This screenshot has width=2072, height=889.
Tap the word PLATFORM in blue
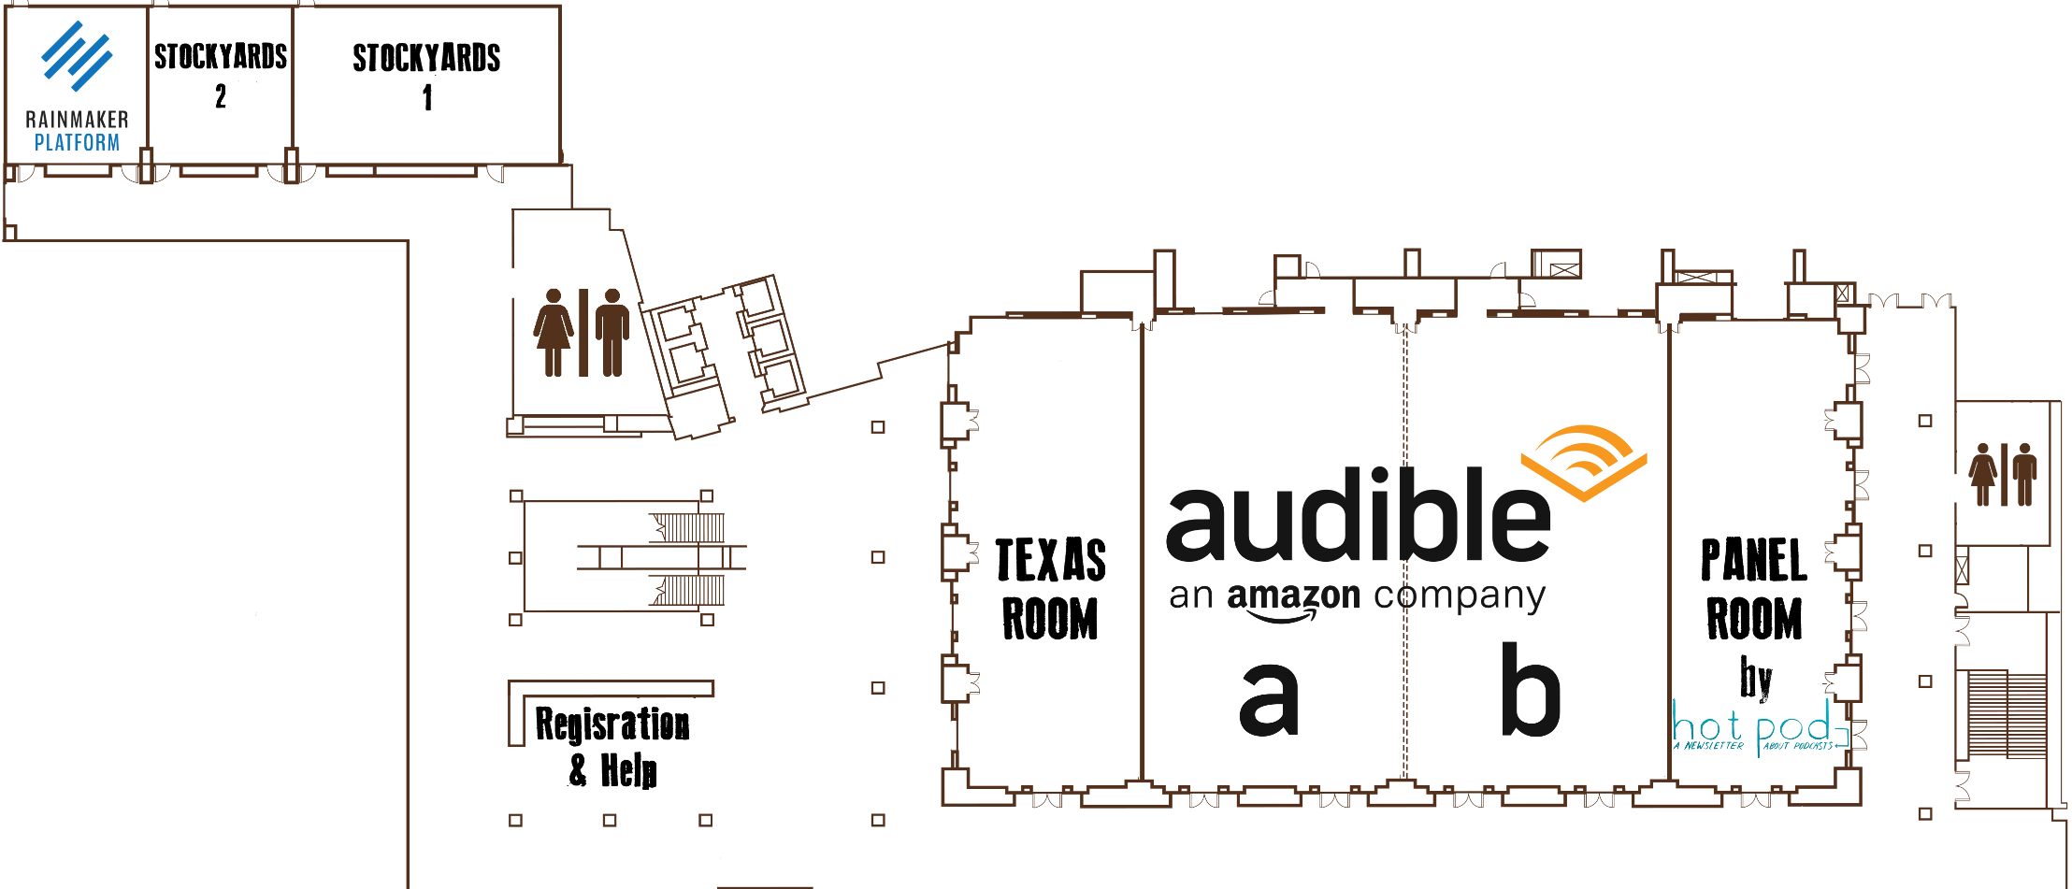coord(77,143)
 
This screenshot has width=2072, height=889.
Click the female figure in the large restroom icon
coord(554,332)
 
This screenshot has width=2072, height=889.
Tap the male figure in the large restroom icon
coord(612,332)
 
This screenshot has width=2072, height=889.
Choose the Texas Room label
coord(1051,589)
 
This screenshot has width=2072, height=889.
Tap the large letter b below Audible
coord(1531,690)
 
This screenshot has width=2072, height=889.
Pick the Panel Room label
coord(1754,589)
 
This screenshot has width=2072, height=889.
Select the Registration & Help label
coord(613,747)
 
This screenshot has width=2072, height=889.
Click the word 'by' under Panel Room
coord(1755,680)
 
